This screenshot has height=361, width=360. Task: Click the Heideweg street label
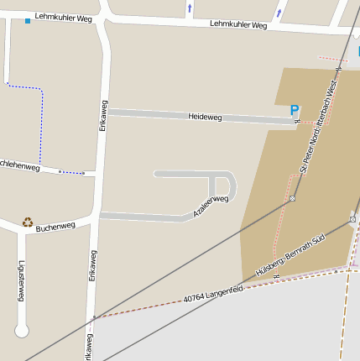coord(205,117)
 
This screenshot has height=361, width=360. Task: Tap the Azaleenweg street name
coord(211,207)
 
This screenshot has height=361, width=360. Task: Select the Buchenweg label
coord(55,225)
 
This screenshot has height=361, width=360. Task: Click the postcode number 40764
coord(195,297)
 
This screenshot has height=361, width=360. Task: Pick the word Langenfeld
coord(225,290)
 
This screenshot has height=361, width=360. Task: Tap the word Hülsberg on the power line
coord(269,268)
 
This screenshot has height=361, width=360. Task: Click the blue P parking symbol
coord(294,110)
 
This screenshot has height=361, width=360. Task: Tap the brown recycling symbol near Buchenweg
coord(28,222)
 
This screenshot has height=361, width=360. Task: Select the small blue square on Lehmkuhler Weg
coord(28,20)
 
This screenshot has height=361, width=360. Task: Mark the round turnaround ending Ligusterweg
coord(22,330)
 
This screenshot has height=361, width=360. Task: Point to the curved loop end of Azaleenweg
coord(229,186)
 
